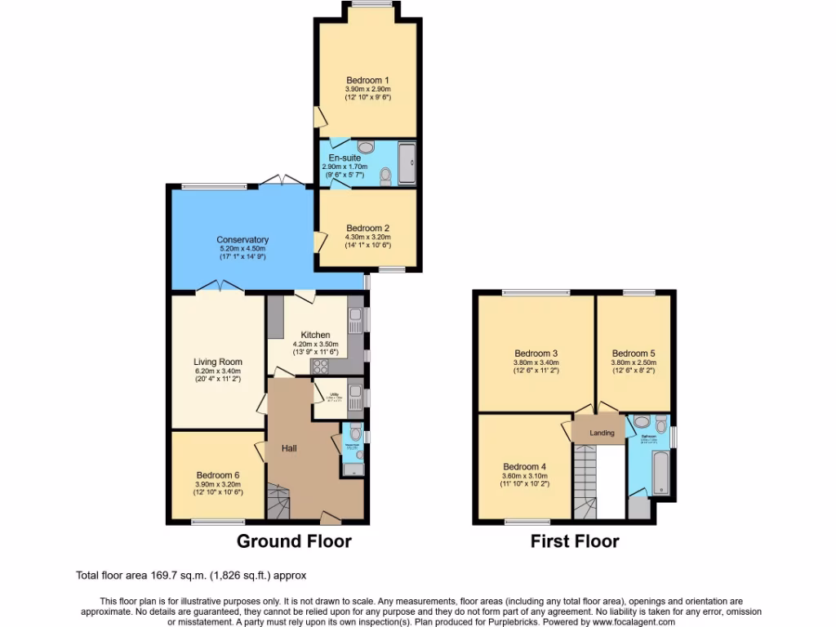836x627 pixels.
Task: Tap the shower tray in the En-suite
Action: (406, 163)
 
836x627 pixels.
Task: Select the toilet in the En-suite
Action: (385, 177)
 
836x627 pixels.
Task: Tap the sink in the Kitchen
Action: (355, 321)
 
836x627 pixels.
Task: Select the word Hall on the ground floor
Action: (289, 448)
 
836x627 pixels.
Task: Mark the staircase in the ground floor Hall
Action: (278, 500)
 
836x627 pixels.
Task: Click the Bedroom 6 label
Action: (218, 475)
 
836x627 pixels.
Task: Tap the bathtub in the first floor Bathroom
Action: (660, 473)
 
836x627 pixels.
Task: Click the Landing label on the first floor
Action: (602, 433)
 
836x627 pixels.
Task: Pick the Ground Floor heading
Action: (294, 540)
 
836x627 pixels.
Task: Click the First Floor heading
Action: (575, 540)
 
